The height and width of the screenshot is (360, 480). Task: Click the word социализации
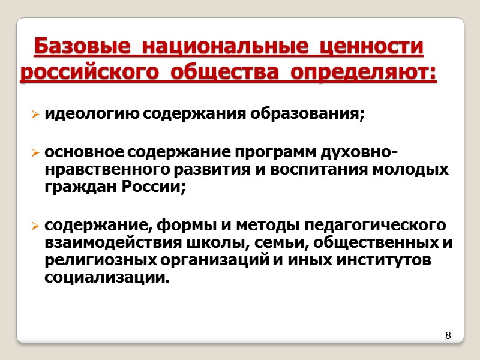coord(107,277)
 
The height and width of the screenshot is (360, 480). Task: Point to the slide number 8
coord(448,335)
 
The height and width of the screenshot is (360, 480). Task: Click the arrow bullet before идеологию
coord(36,114)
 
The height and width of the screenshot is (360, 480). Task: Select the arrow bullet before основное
coord(36,154)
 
